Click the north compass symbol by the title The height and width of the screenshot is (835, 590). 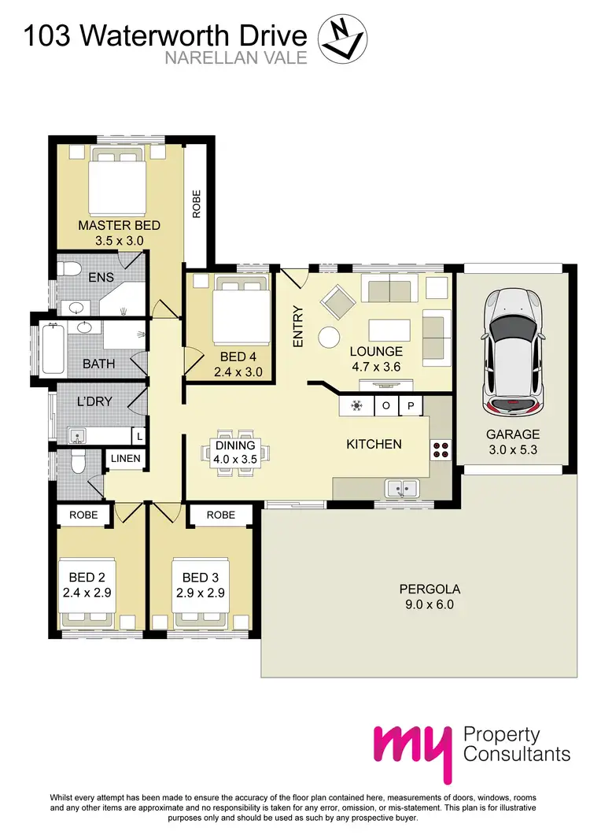tap(341, 39)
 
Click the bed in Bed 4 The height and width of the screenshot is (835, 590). tap(241, 310)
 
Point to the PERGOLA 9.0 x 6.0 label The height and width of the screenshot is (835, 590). tap(429, 597)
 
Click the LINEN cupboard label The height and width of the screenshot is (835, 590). tap(125, 458)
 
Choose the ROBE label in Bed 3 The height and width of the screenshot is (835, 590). tap(220, 515)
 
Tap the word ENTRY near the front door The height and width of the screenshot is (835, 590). tap(298, 327)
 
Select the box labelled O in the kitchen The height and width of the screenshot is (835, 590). tap(386, 406)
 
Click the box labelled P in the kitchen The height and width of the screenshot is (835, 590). tap(411, 406)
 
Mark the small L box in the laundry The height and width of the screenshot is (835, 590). tap(139, 435)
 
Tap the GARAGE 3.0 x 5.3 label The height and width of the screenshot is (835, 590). tap(512, 441)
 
